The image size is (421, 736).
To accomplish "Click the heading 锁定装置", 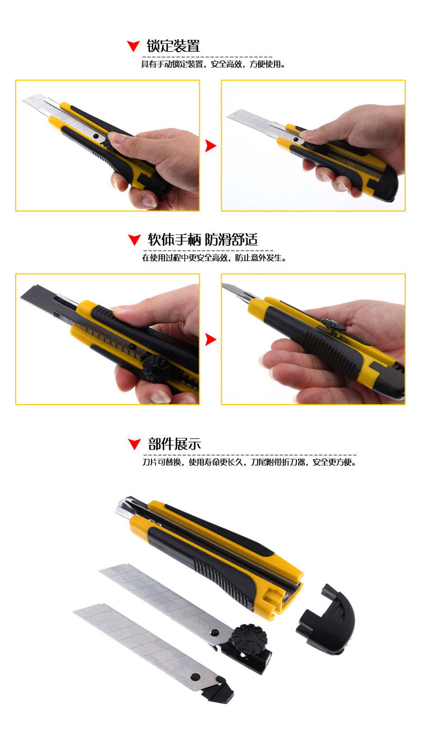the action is pos(173,46).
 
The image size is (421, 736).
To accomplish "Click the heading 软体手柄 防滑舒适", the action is pos(203,240).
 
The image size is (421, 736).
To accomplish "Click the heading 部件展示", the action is pos(174,444).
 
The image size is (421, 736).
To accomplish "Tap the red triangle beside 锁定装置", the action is pos(133,46).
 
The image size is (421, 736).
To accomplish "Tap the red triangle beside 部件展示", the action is pos(134,444).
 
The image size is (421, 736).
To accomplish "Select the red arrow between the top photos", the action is pos(210,145).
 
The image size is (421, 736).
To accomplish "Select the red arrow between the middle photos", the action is pos(210,340).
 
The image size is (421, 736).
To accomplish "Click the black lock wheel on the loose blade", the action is pos(249,639).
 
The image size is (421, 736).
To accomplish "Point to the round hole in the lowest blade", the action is pos(195,676).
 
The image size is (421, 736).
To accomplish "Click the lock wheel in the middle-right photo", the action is pos(333,325).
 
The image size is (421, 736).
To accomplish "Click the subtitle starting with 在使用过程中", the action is pos(214,258).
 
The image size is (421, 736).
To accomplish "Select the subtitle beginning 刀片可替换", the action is pos(249,462).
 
